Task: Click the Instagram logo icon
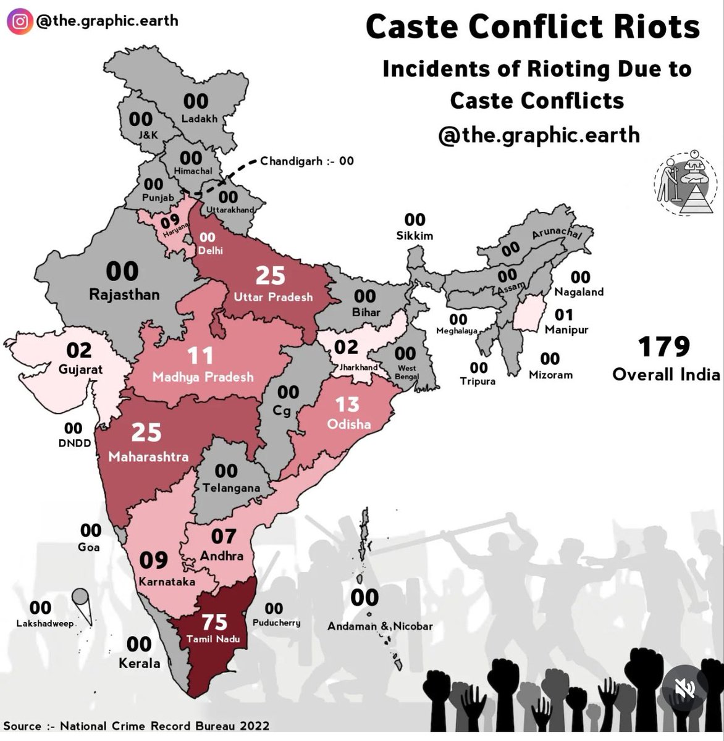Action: [x=20, y=21]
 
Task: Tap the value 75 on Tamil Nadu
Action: [x=214, y=622]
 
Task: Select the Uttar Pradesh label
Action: [x=273, y=297]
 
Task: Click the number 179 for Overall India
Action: [x=664, y=347]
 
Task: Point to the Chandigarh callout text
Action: [x=307, y=161]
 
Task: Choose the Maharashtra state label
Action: [x=148, y=457]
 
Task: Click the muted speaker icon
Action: [x=685, y=688]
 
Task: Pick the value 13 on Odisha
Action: [x=347, y=404]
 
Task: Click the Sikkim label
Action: [x=415, y=235]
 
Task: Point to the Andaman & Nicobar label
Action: [x=380, y=626]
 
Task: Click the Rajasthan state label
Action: [x=124, y=295]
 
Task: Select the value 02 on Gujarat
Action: [x=79, y=350]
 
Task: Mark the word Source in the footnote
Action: [x=22, y=726]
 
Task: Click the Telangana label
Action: [x=231, y=488]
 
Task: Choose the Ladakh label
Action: [x=199, y=119]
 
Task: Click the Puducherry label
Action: [x=276, y=622]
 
